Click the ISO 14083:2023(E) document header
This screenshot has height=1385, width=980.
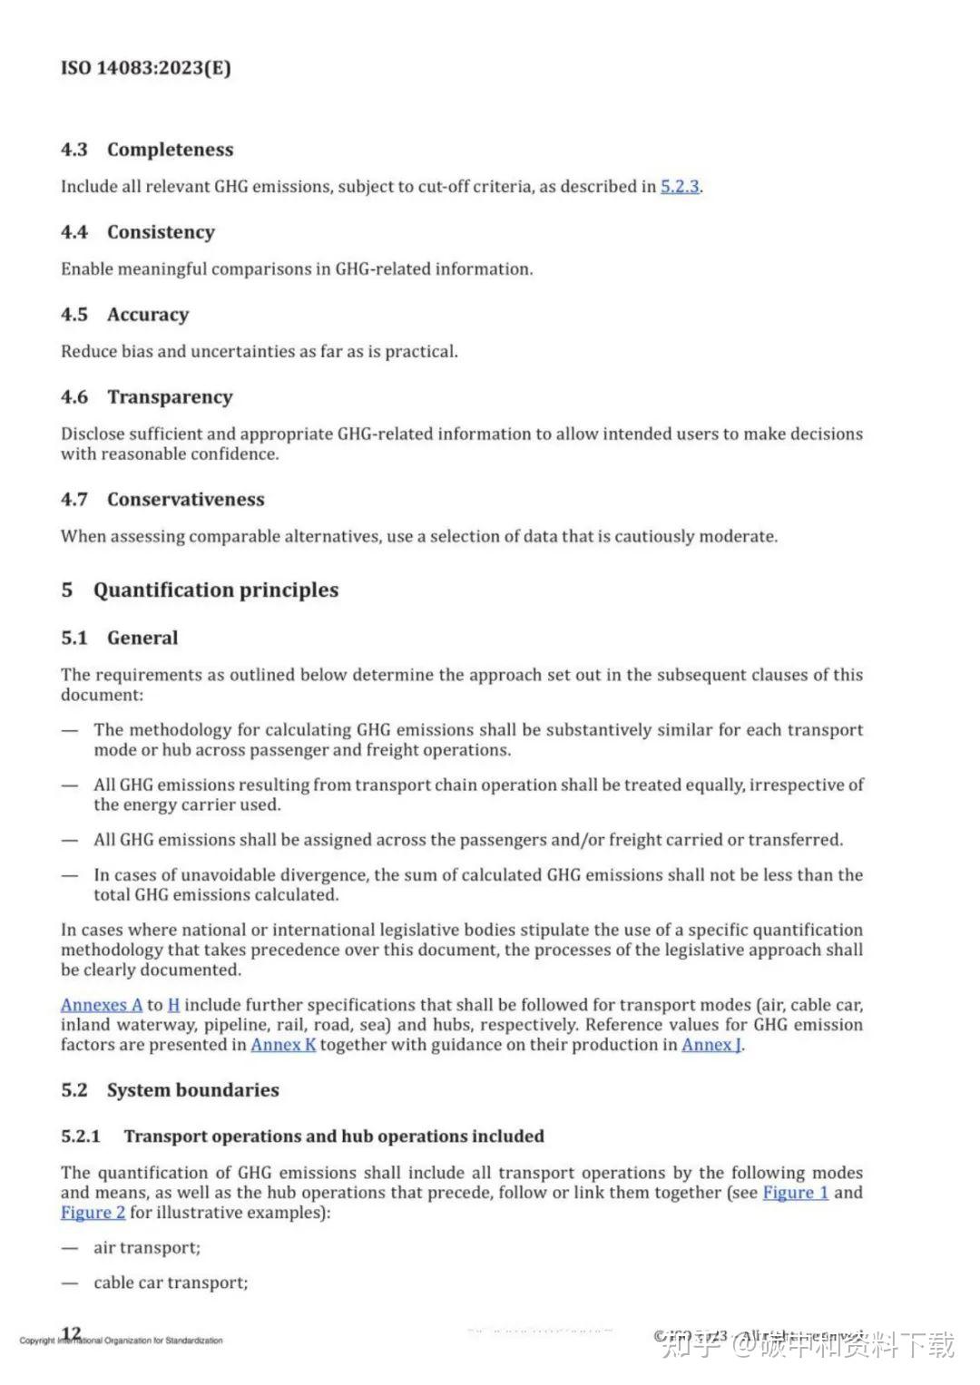click(x=145, y=68)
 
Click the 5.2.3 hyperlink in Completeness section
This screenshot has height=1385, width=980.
click(x=680, y=187)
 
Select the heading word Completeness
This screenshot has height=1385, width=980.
click(x=170, y=150)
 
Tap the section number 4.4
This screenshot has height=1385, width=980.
click(x=74, y=232)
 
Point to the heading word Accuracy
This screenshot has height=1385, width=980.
click(x=148, y=315)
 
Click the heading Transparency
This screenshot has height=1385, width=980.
click(x=170, y=397)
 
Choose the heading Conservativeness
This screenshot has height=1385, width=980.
click(x=185, y=500)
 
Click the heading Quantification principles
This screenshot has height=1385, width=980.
click(x=215, y=590)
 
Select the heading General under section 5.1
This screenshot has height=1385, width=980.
click(x=142, y=638)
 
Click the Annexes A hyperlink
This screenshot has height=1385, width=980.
click(x=102, y=1005)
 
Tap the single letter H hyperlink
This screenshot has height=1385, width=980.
click(x=173, y=1005)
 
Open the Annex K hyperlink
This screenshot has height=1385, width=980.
click(x=283, y=1045)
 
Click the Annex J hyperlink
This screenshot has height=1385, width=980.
click(x=712, y=1045)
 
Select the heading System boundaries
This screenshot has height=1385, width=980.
click(x=192, y=1090)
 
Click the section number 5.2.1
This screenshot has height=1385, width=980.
click(x=81, y=1136)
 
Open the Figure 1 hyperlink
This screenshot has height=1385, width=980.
click(x=795, y=1193)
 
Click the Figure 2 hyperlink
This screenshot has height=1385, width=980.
click(x=93, y=1213)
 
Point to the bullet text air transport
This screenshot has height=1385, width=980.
click(x=147, y=1248)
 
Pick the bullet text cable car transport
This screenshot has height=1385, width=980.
click(x=171, y=1283)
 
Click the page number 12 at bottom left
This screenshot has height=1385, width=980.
click(x=71, y=1333)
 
